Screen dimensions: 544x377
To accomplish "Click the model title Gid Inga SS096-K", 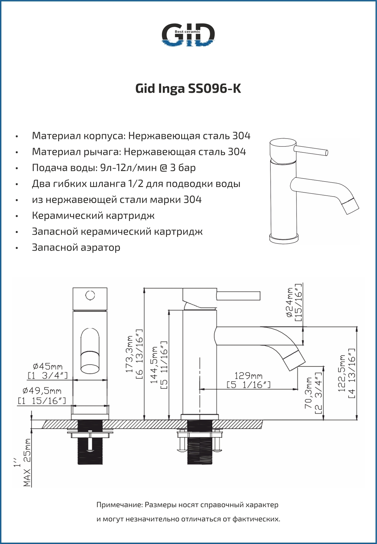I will point(188,89).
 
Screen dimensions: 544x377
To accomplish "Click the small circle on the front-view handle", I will point(90,296).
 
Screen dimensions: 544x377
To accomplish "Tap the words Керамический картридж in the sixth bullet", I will point(93,216).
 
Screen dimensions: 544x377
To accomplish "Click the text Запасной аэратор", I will point(76,247).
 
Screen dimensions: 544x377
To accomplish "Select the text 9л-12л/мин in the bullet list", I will point(128,168).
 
